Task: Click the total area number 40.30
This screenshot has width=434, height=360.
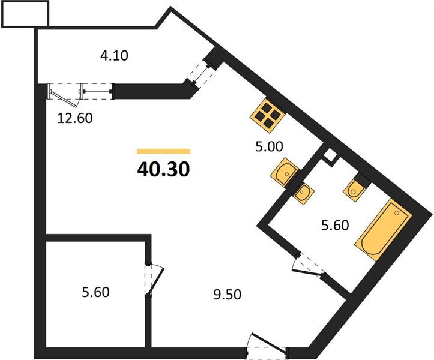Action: (x=163, y=170)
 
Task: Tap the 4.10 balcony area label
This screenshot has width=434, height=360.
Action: (x=115, y=56)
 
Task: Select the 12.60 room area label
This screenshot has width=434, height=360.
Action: (x=75, y=118)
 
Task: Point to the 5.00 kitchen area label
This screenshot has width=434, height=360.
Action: (x=268, y=145)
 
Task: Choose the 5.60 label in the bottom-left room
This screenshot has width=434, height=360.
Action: (x=96, y=293)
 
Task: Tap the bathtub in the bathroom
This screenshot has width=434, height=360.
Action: (x=383, y=229)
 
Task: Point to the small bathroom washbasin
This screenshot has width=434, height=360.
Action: (x=304, y=191)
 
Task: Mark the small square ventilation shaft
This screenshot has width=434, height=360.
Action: (x=329, y=157)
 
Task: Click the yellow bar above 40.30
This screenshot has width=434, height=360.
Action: (x=163, y=152)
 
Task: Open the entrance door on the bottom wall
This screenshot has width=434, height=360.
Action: (x=268, y=347)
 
